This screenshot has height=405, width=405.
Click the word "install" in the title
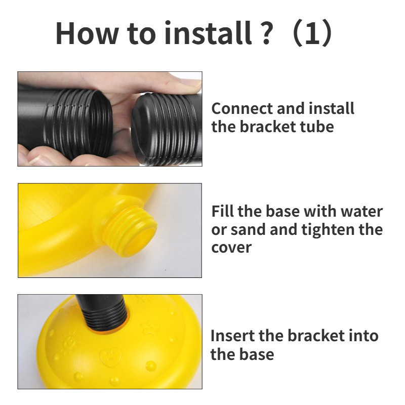pos(208,33)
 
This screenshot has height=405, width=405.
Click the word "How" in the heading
pos(87,33)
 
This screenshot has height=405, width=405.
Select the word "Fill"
pos(223,211)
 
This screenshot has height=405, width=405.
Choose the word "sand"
pos(248,229)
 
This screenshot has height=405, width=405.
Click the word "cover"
pos(231,248)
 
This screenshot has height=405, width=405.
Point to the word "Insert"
pos(232,336)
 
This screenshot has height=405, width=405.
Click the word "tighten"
pos(327,230)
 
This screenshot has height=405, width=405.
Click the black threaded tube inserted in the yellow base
pos(103,313)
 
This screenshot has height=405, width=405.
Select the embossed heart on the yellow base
pos(110,356)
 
